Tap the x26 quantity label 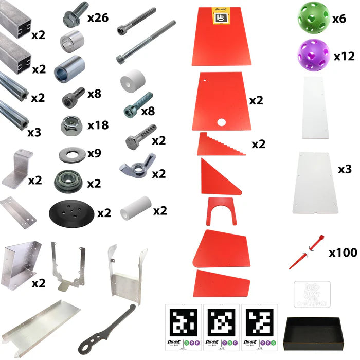point(97,18)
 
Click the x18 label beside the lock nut point(98,125)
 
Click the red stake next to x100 point(307,250)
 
